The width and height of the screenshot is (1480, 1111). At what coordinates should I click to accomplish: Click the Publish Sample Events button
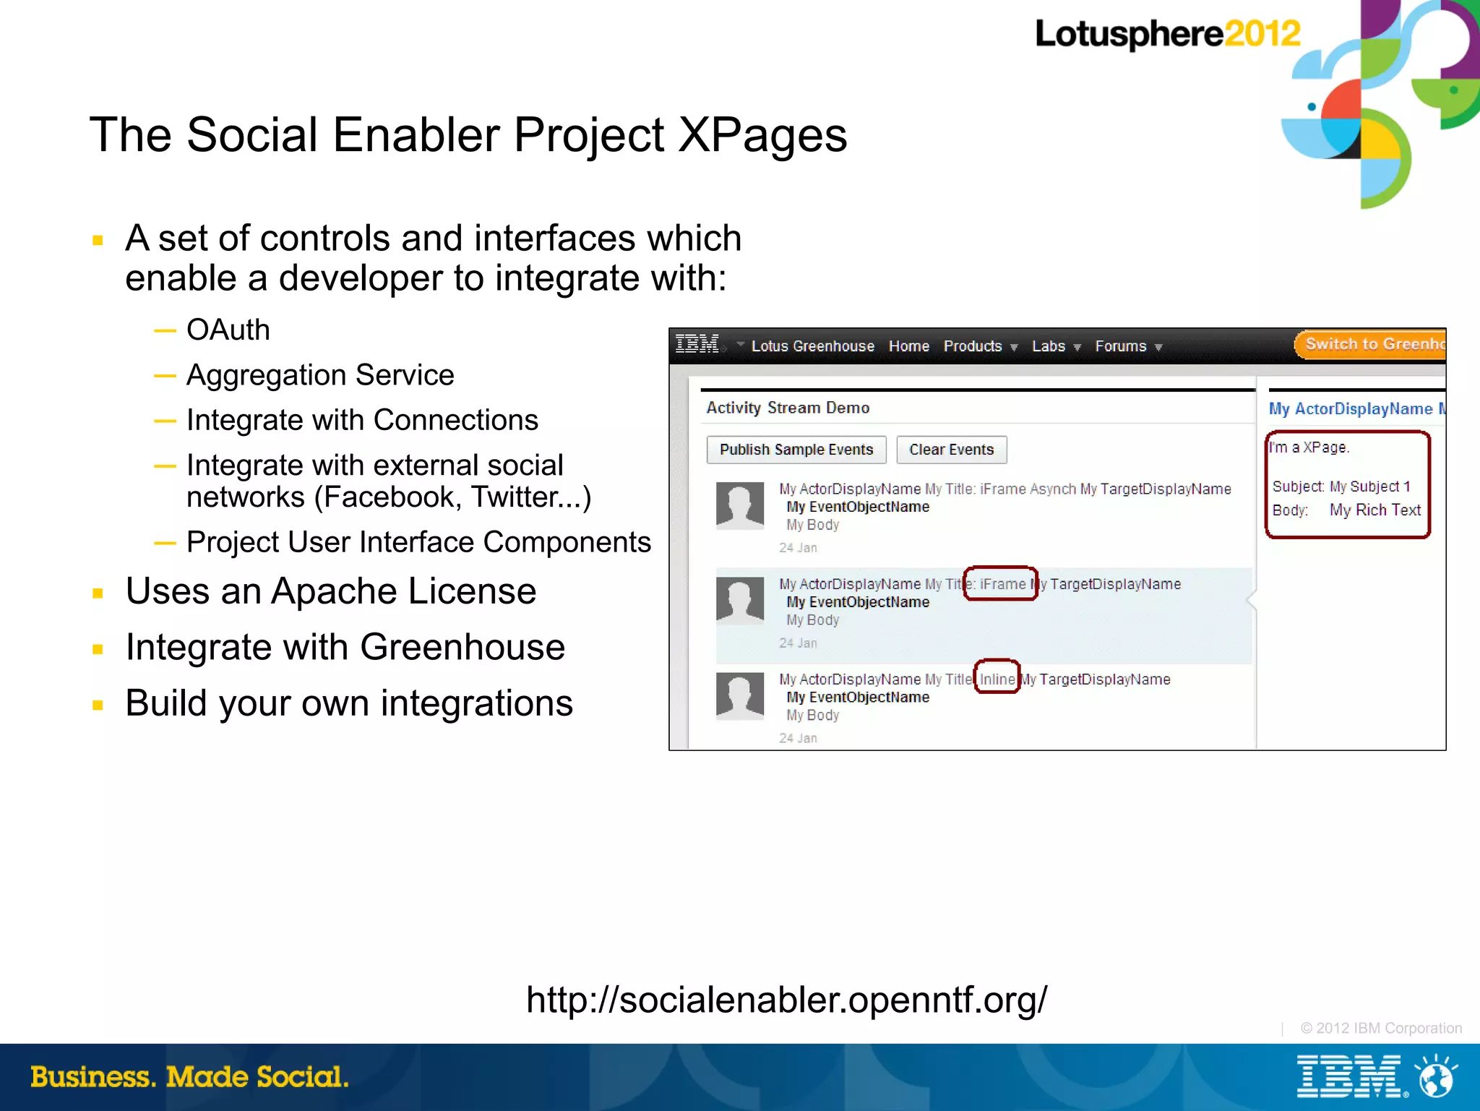[796, 450]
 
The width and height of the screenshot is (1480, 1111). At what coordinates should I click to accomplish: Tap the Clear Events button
[951, 450]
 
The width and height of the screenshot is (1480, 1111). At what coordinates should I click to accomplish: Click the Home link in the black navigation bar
[909, 346]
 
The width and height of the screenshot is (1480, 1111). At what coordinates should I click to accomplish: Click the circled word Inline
[997, 679]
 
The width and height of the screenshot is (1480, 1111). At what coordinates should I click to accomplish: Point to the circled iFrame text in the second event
[1002, 584]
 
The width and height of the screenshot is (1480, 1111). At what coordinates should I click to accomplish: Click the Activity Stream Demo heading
[788, 408]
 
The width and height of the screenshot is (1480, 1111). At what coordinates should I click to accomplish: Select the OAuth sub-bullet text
[228, 330]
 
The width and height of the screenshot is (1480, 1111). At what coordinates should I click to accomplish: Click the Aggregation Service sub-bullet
[320, 375]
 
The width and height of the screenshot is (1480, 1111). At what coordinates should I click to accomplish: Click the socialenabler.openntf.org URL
[786, 1000]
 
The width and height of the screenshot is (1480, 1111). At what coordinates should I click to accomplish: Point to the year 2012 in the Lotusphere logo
[1262, 33]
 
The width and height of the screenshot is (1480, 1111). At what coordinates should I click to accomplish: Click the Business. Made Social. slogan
[189, 1077]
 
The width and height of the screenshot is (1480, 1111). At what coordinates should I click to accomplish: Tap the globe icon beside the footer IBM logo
[1437, 1077]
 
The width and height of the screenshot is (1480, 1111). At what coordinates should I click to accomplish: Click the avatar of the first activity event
[740, 505]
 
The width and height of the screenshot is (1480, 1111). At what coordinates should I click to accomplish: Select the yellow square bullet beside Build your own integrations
[98, 705]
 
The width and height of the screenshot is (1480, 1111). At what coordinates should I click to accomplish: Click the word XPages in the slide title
[762, 135]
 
